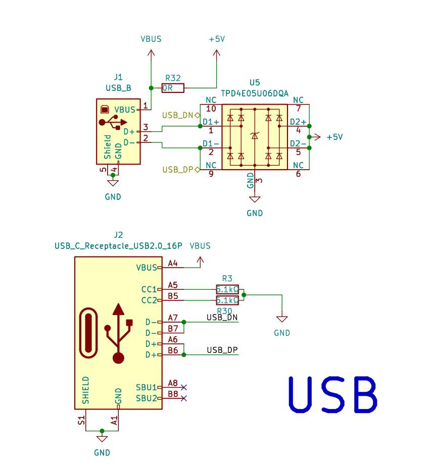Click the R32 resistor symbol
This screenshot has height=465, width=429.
tap(173, 88)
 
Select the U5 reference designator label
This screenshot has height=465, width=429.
tap(255, 82)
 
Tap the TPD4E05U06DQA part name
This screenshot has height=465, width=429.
tap(255, 94)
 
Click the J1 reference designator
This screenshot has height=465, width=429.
tap(118, 77)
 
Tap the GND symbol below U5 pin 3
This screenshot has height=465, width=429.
tap(255, 199)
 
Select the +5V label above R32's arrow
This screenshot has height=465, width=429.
tap(217, 39)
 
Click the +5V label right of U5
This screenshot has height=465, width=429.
tap(335, 137)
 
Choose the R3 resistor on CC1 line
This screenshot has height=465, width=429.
tap(227, 289)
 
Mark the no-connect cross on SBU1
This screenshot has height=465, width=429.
tap(184, 387)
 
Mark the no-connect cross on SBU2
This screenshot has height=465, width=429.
tap(184, 398)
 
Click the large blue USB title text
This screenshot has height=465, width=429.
tap(333, 395)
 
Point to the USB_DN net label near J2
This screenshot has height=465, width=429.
tap(222, 318)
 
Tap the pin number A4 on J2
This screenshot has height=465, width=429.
tap(172, 264)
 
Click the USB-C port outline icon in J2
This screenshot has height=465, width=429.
tap(88, 333)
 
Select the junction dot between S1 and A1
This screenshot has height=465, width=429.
tap(102, 431)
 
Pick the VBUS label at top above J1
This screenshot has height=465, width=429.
tap(151, 39)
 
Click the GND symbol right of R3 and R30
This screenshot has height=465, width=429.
tap(282, 319)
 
